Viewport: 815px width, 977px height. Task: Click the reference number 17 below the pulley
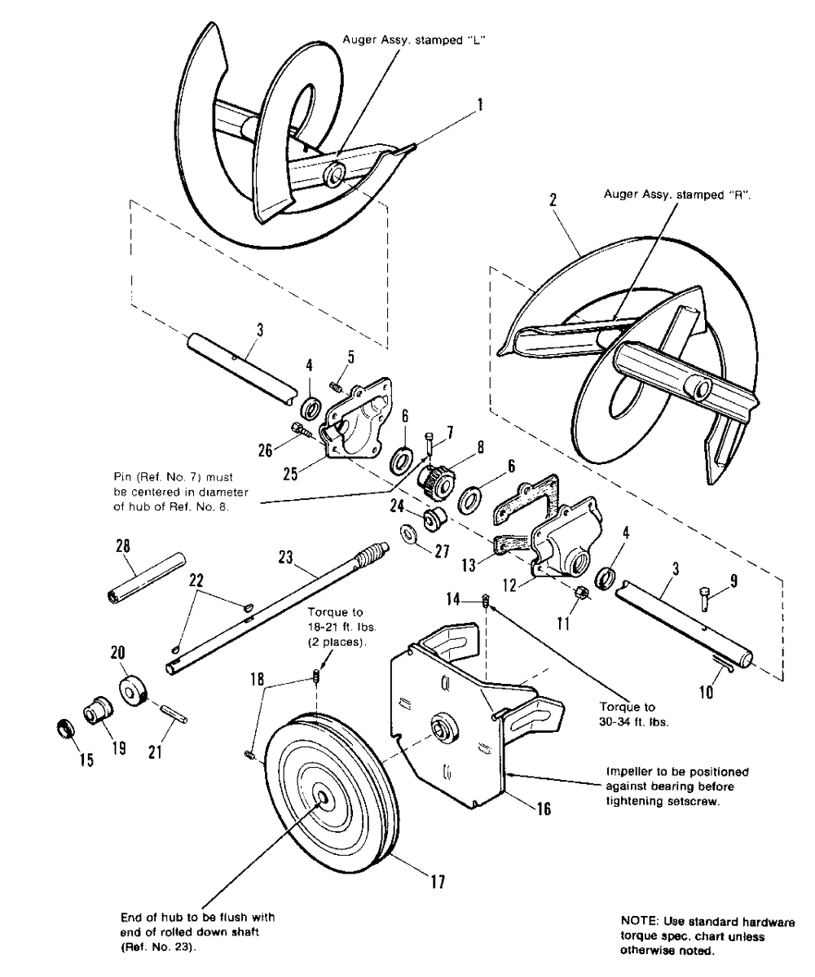pos(437,882)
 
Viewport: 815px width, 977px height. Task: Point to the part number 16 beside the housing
pos(543,808)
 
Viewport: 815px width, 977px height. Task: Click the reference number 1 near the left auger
pos(480,104)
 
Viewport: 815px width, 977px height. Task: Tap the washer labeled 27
pos(407,533)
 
